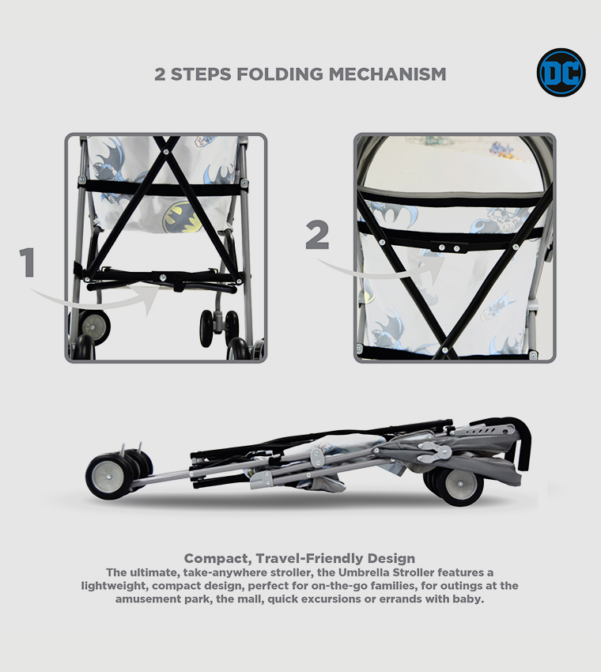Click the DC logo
point(561,73)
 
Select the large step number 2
point(318,235)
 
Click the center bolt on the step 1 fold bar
point(163,277)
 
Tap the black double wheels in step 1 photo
point(219,325)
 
